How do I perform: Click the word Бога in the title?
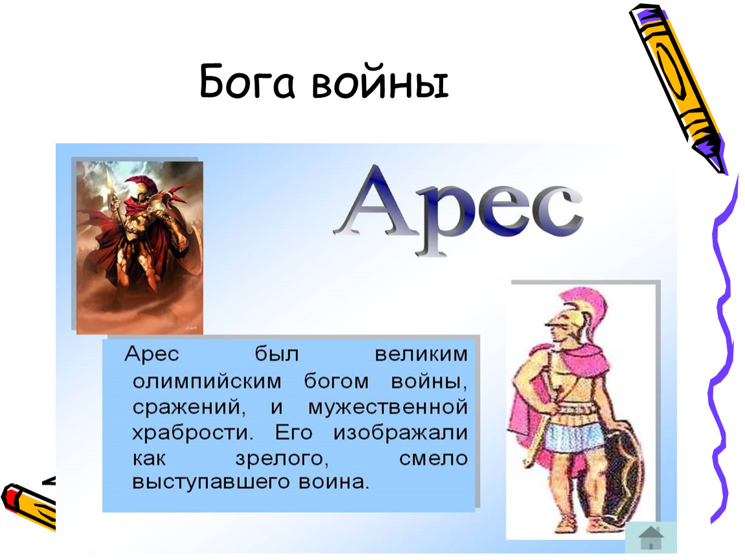247,82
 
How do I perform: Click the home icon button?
650,537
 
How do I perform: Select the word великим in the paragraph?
421,355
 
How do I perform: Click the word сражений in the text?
188,408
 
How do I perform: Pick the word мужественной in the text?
387,408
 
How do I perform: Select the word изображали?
400,433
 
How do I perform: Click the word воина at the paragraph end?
334,482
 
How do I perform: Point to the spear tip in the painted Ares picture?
109,181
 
